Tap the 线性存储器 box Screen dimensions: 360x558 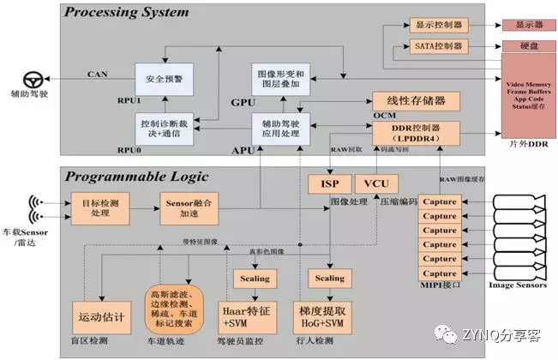(416, 102)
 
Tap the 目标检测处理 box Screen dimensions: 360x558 (100, 207)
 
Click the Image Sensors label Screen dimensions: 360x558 (518, 284)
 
